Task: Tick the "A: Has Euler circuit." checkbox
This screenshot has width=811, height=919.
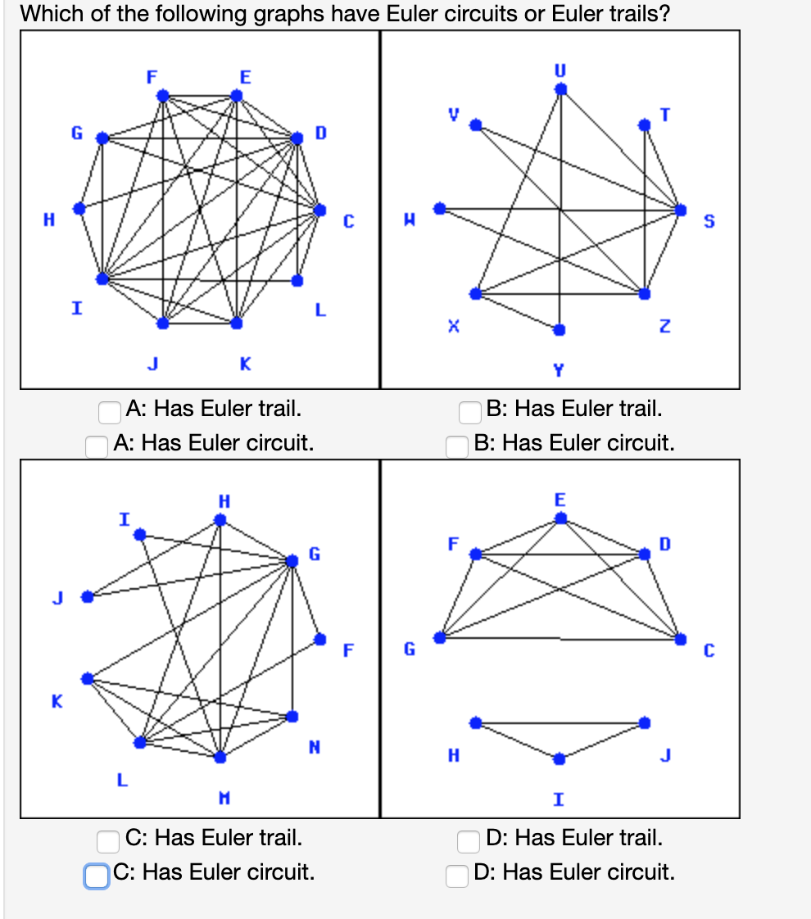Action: point(97,446)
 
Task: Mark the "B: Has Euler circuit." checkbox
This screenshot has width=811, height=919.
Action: point(457,446)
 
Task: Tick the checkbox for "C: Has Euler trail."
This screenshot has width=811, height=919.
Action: point(109,840)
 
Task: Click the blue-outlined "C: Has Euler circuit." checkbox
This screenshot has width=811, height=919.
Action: point(96,875)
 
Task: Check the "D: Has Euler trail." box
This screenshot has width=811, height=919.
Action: point(469,840)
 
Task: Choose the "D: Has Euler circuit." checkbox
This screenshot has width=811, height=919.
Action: point(457,875)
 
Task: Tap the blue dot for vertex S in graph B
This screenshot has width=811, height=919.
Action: point(679,210)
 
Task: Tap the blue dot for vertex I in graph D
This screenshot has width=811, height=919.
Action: point(559,758)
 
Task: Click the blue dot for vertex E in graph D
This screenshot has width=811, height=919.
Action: point(560,518)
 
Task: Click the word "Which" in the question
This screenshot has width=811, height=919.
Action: point(47,14)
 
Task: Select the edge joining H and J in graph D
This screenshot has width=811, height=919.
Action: point(560,723)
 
